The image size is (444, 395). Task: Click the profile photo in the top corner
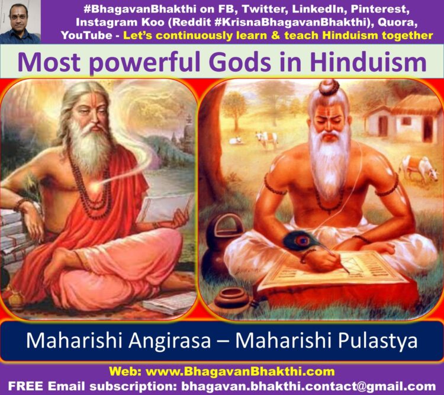click(20, 22)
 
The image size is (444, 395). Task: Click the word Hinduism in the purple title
click(368, 62)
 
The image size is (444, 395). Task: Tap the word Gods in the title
click(242, 62)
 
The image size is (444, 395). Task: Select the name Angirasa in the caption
click(170, 341)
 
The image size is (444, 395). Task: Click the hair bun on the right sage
click(329, 87)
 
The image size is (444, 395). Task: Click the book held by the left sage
click(164, 208)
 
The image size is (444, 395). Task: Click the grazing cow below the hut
click(419, 168)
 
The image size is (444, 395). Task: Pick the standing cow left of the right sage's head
click(267, 139)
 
